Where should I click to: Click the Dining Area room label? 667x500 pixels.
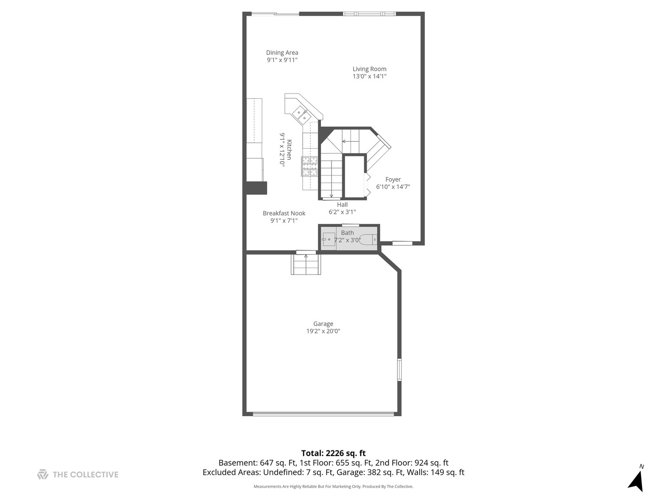click(282, 52)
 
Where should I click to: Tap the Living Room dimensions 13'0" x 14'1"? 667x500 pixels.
click(369, 76)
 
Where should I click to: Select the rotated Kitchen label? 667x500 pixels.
click(289, 150)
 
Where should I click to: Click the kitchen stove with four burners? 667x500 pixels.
click(309, 166)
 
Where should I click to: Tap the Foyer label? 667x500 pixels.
click(393, 180)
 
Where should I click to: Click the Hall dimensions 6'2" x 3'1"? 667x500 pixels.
click(342, 212)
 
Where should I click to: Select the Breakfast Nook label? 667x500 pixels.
click(284, 213)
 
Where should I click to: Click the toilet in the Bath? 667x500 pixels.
click(368, 240)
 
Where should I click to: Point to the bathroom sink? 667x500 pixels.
click(328, 239)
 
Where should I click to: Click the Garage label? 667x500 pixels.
click(323, 324)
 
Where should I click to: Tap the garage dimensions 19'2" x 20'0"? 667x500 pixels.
click(323, 331)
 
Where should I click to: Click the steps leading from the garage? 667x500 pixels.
click(306, 264)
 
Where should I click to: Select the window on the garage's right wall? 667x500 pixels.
click(399, 370)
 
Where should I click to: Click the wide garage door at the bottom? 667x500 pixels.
click(323, 413)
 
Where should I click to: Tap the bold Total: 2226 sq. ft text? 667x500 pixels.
click(333, 453)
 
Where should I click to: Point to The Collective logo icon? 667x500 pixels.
click(43, 475)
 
